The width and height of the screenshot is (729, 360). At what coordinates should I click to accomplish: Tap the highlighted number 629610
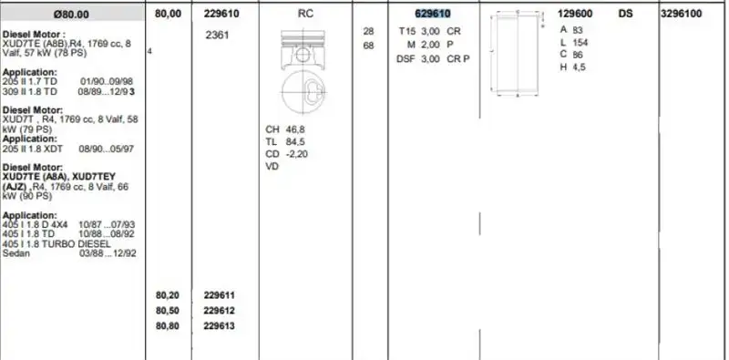432,14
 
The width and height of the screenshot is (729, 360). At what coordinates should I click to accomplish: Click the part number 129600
575,14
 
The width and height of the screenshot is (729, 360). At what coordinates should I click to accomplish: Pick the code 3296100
681,14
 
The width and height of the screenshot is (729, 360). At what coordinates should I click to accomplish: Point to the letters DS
626,14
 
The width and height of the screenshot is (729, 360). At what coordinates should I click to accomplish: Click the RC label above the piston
305,14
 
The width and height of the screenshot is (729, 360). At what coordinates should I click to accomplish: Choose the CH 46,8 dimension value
285,129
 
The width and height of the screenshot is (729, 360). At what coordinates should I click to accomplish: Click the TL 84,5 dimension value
285,141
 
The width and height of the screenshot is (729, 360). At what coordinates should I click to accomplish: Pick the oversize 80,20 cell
168,295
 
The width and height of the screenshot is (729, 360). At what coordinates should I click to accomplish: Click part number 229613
220,325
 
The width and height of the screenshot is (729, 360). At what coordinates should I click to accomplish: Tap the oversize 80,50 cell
168,310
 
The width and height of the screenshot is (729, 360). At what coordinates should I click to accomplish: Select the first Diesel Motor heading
34,33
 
